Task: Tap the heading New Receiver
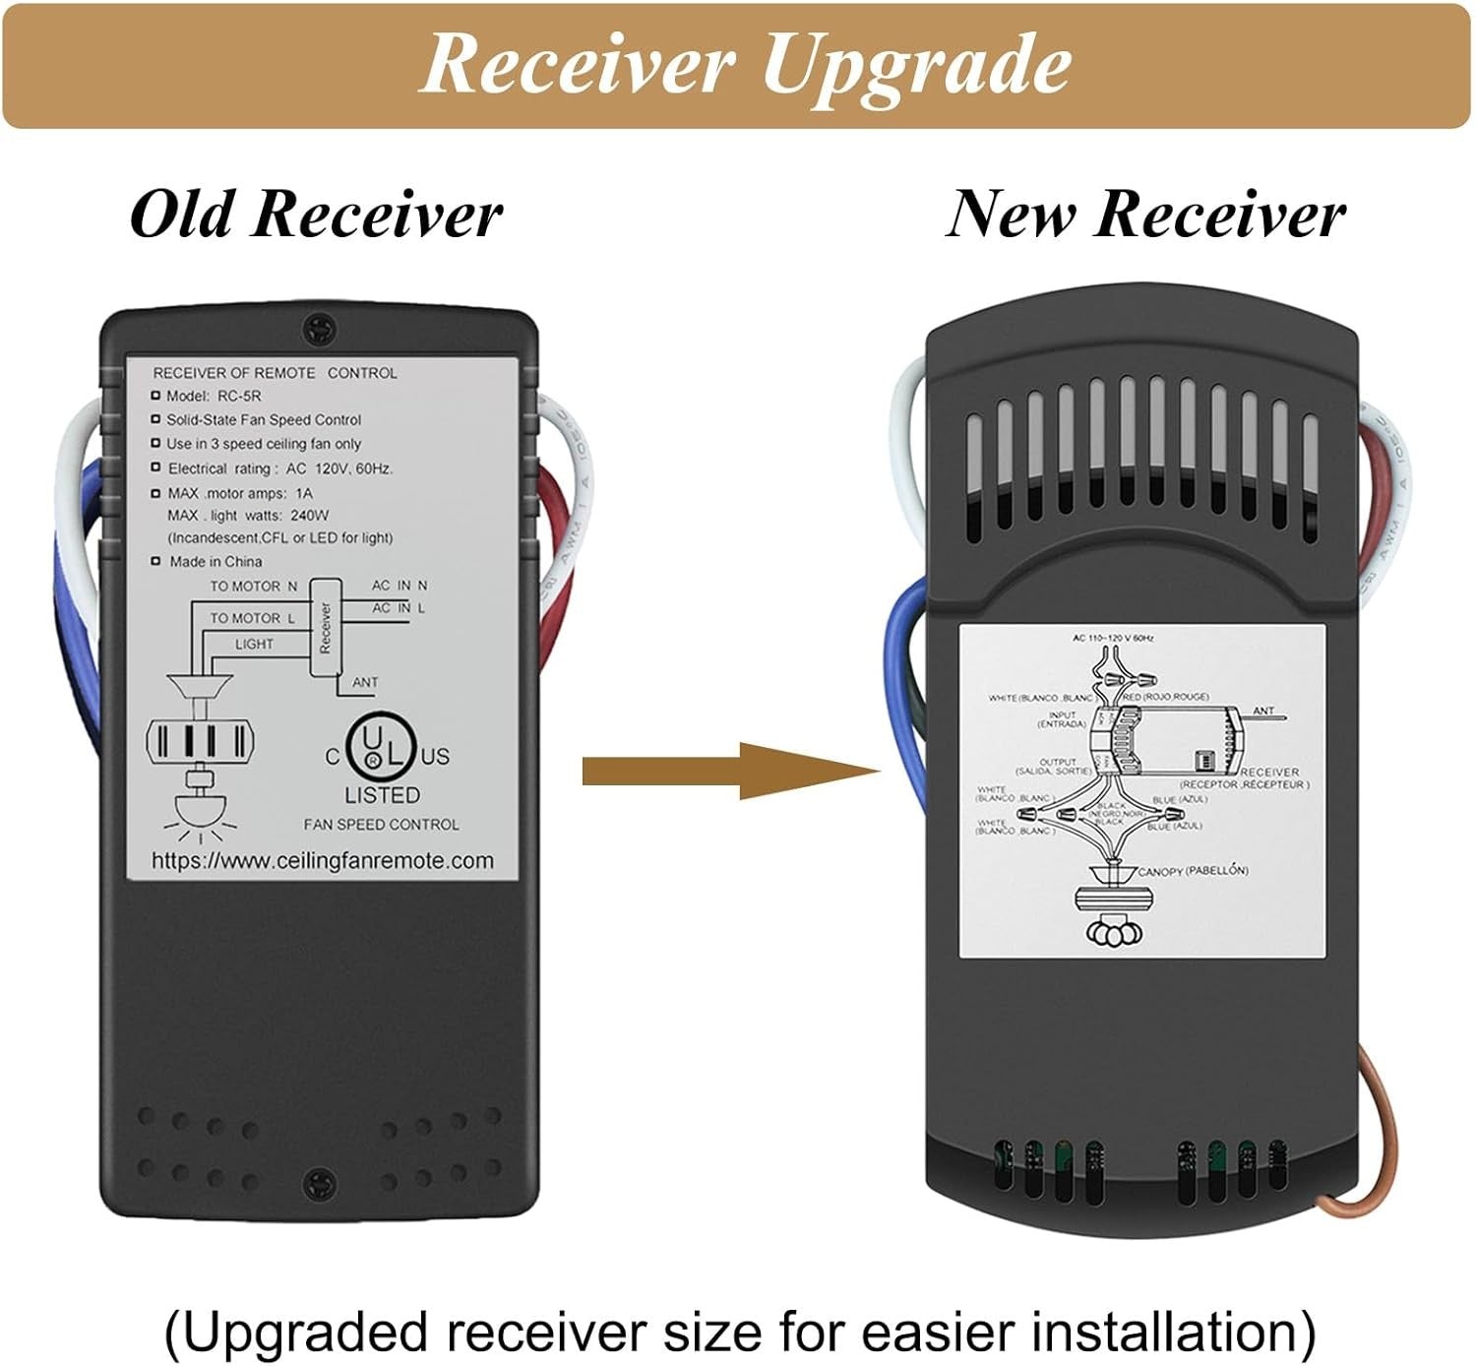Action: coord(1144,214)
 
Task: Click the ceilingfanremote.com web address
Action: coord(322,861)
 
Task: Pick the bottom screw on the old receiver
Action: coord(318,1181)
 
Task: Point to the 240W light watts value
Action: coord(310,515)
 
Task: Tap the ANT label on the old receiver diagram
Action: coord(365,682)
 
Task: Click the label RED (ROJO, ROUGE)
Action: coord(1166,697)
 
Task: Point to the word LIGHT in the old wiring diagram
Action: coord(254,645)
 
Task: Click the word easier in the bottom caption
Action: coord(923,1332)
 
